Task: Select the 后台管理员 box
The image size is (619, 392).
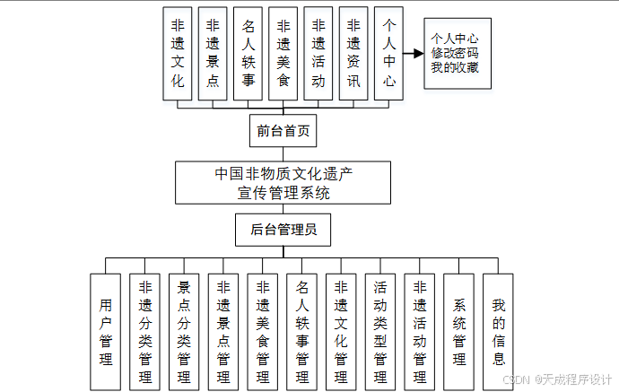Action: point(283,230)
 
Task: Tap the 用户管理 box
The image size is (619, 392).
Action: point(106,331)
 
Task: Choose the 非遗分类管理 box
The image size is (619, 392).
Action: point(145,331)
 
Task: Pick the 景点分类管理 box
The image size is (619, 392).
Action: point(185,331)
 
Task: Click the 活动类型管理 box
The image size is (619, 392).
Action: point(380,331)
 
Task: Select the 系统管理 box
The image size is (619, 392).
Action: point(459,331)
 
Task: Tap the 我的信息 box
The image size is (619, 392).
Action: point(499,331)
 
